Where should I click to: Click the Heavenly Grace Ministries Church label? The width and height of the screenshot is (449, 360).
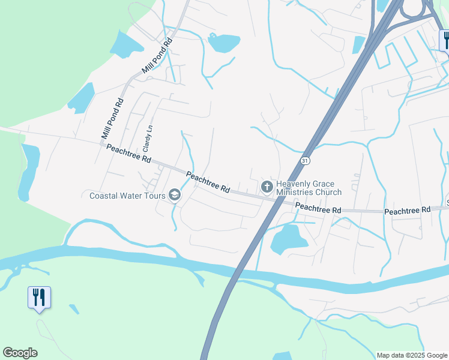[x=309, y=188]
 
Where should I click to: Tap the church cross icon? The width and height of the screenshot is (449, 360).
[x=267, y=188]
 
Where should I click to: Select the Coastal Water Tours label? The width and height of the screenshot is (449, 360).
[x=127, y=196]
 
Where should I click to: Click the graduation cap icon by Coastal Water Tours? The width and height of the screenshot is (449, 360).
[x=175, y=194]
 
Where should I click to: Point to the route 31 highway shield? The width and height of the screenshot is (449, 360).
[x=305, y=161]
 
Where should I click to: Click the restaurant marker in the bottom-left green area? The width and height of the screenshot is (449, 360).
[x=39, y=298]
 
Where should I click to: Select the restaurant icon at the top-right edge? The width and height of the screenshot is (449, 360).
[x=445, y=40]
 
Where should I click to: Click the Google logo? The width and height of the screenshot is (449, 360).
[x=20, y=353]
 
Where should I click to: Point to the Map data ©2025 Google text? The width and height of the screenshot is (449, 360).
[x=412, y=355]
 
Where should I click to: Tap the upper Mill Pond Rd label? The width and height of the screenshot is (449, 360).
[x=157, y=56]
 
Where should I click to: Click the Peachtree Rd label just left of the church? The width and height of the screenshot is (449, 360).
[x=208, y=182]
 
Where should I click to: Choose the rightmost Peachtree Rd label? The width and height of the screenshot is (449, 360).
[x=408, y=211]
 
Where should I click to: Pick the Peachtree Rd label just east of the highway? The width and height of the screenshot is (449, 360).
[x=318, y=208]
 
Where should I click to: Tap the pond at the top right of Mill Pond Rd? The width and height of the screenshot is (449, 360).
[x=223, y=43]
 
